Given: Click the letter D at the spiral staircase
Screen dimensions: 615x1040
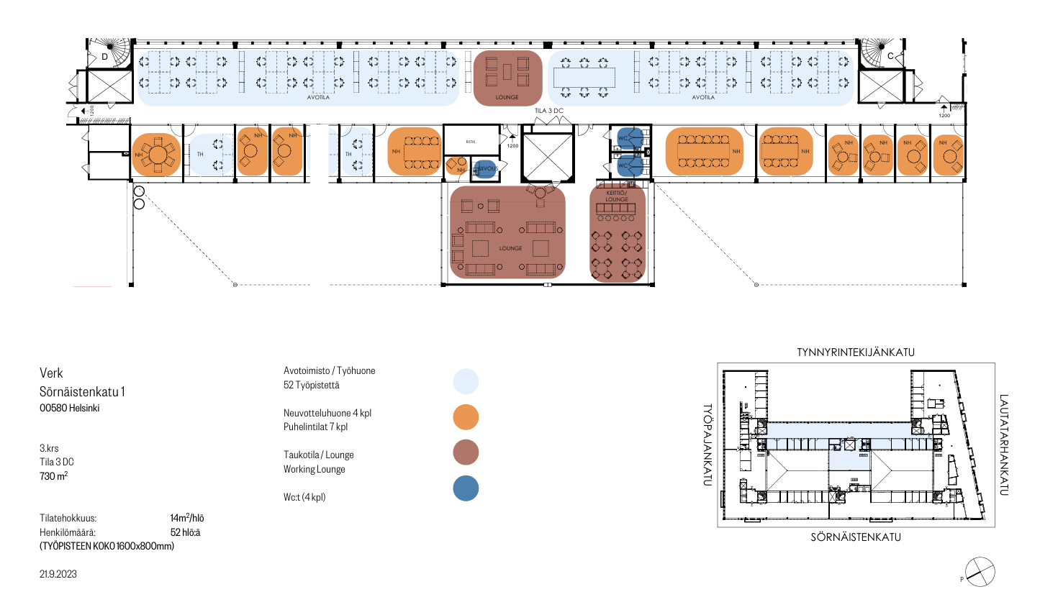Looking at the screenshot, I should [104, 56].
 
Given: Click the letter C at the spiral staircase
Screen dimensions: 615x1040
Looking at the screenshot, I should [890, 56].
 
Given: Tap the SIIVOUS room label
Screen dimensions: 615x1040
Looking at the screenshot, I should [487, 169].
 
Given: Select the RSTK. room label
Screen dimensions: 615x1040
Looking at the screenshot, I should [471, 142].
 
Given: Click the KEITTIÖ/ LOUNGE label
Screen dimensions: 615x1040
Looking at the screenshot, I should [616, 196].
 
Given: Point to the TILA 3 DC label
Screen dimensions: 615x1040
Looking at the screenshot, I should [548, 111].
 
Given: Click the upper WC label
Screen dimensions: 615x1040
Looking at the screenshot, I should [623, 139].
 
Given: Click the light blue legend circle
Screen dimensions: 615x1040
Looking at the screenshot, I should [466, 381].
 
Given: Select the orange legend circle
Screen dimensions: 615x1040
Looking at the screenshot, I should [466, 417].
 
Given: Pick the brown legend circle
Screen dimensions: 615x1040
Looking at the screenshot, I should [466, 452].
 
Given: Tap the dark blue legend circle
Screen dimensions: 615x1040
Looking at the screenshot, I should [466, 488].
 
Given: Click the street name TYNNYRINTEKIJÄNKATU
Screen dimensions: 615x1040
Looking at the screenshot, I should [855, 352].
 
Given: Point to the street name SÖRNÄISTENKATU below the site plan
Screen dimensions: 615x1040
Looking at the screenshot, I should [855, 537].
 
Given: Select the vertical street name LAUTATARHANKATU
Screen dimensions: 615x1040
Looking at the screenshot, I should [1003, 445].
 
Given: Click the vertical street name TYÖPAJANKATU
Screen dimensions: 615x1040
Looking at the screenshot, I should [707, 445].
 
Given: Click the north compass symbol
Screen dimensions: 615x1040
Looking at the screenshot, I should [980, 573].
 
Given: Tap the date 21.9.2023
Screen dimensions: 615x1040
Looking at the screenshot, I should [58, 574].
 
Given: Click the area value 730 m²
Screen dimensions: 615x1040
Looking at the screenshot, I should [54, 476].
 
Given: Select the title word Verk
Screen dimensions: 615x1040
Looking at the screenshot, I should [51, 373].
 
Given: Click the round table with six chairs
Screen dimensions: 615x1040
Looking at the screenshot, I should [157, 154].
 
